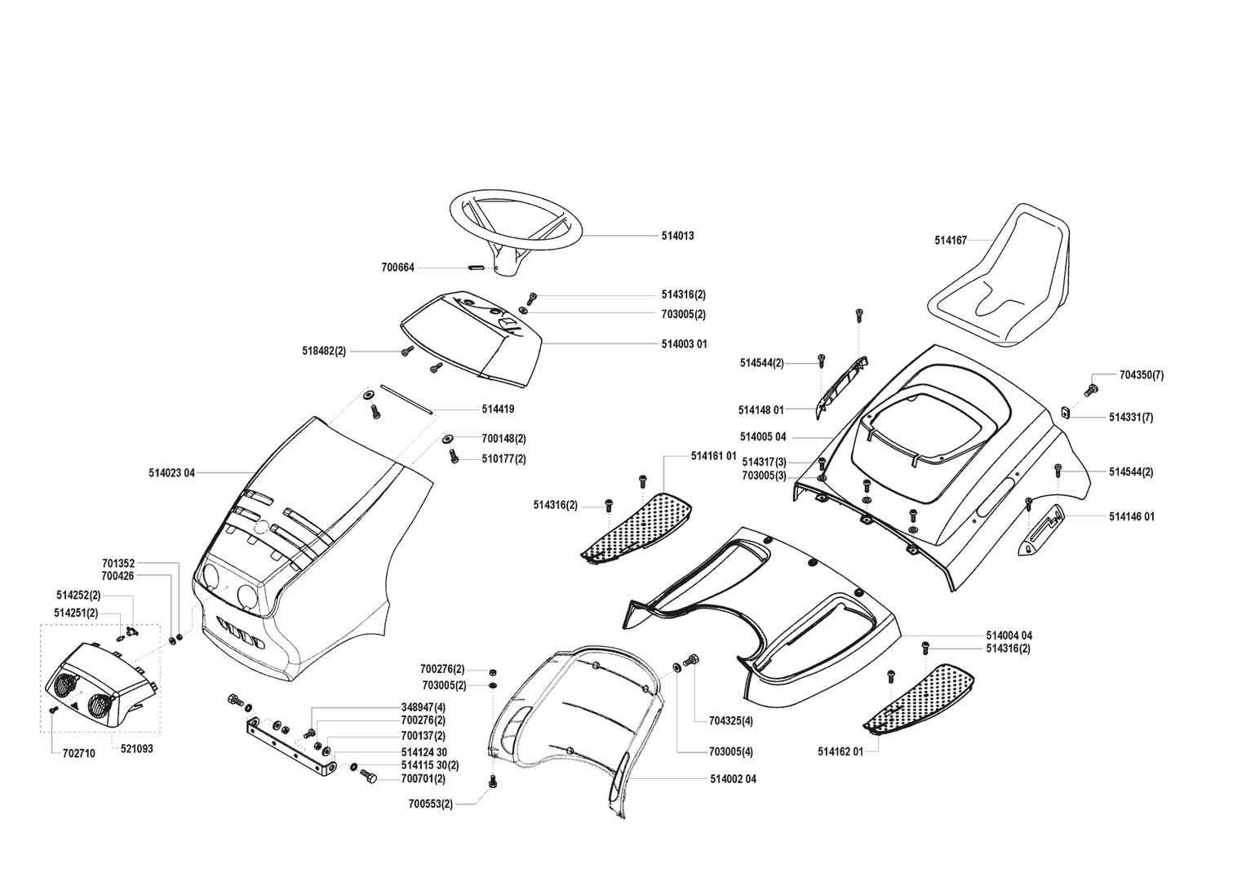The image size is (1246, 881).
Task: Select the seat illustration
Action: click(x=1000, y=275)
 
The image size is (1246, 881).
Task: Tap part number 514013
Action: click(x=677, y=236)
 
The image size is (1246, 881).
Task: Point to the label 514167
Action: click(x=951, y=241)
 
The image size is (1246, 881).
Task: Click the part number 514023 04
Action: click(x=172, y=472)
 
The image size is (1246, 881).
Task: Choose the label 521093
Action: click(x=136, y=748)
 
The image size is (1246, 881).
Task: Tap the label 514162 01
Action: click(x=840, y=751)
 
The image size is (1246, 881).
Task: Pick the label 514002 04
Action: click(x=733, y=779)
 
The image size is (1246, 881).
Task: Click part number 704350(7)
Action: click(x=1142, y=375)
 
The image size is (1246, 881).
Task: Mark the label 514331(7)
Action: click(x=1131, y=418)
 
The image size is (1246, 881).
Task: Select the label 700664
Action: click(x=397, y=268)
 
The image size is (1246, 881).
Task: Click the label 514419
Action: click(x=498, y=410)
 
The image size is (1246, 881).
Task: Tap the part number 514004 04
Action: click(x=1009, y=635)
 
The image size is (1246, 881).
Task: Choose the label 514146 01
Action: click(x=1132, y=516)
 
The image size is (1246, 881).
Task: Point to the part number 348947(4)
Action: click(x=423, y=706)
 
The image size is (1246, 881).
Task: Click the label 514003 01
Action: click(x=684, y=344)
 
